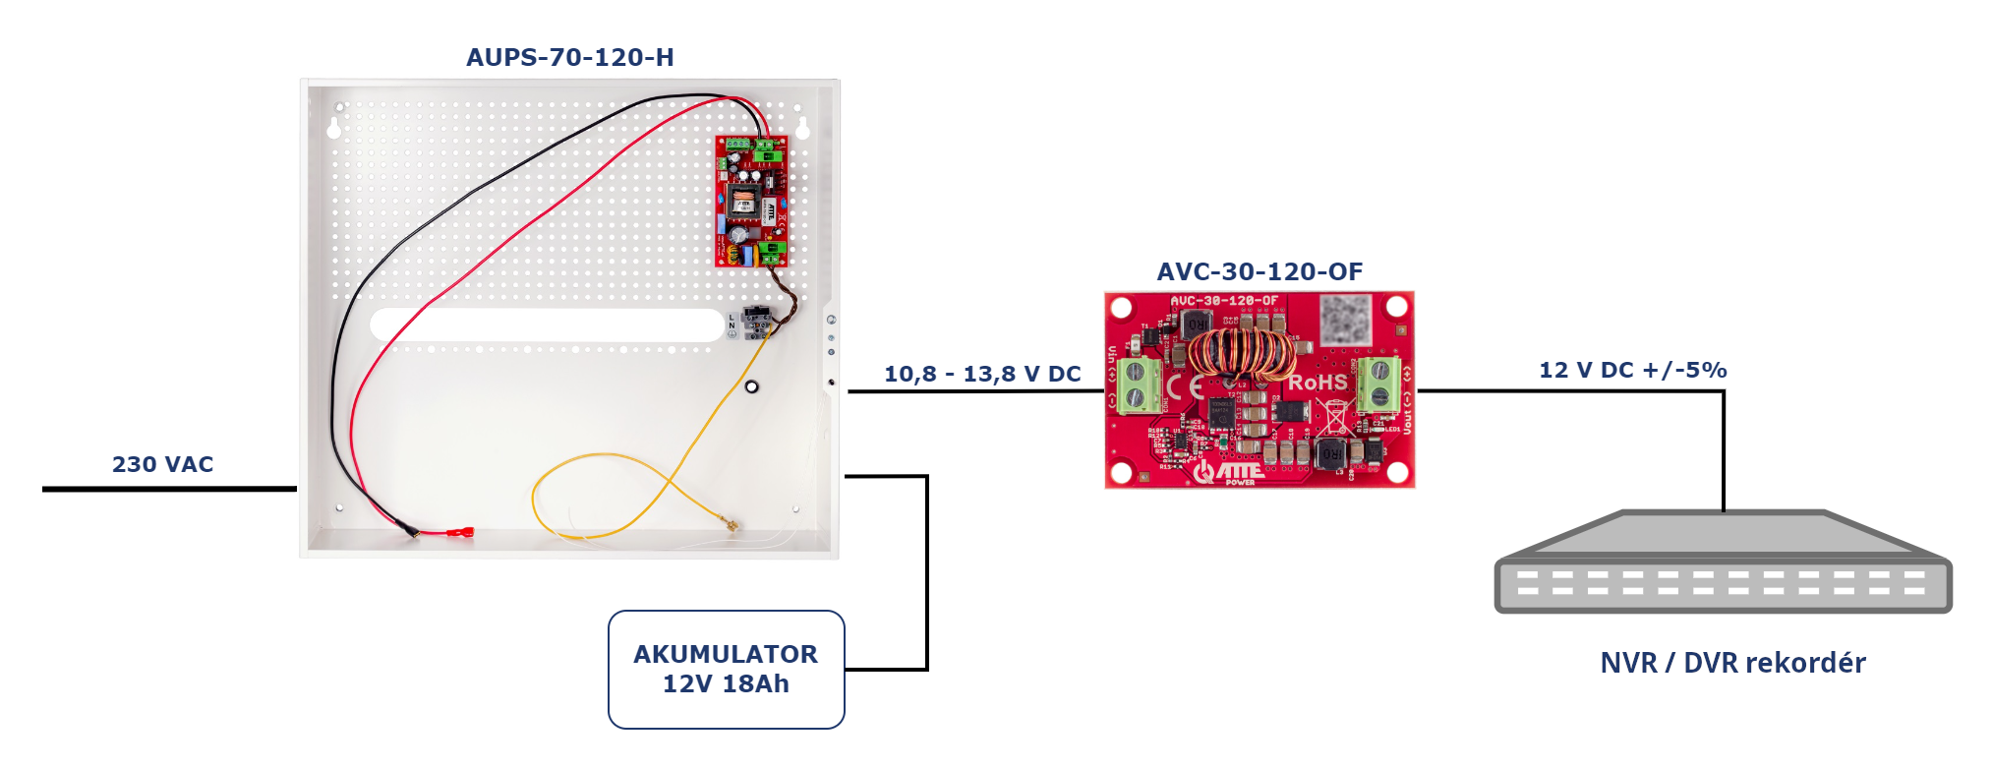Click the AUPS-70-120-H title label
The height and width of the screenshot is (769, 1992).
pos(569,57)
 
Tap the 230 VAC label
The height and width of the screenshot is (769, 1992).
pos(162,464)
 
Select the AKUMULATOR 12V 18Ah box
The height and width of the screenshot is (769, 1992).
pos(726,669)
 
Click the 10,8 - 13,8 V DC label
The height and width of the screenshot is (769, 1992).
pos(981,374)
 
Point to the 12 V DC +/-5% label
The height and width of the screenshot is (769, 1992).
pos(1632,370)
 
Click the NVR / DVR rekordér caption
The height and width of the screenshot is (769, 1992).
pos(1732,663)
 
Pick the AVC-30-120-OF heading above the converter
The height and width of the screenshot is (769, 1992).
pos(1260,271)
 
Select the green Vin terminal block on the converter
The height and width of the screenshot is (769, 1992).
pos(1139,384)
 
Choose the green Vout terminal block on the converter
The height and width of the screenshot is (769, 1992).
pos(1378,384)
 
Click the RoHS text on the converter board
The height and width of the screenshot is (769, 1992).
pos(1318,382)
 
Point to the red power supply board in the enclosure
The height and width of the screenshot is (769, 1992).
pos(751,201)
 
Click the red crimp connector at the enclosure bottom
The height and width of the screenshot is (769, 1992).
pos(459,534)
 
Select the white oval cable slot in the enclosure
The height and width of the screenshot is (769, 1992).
pos(547,325)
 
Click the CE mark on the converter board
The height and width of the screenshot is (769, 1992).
pos(1186,385)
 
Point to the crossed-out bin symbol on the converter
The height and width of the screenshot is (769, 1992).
pos(1333,416)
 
